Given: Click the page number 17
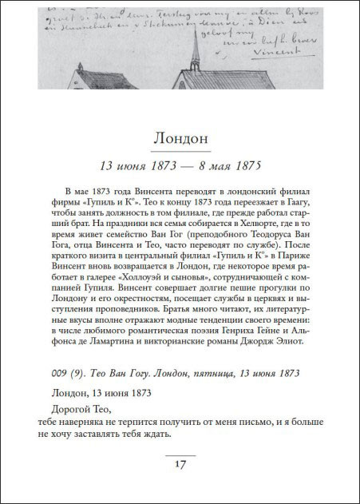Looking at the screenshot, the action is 180,463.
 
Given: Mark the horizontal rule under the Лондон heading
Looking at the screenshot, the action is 180,151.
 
